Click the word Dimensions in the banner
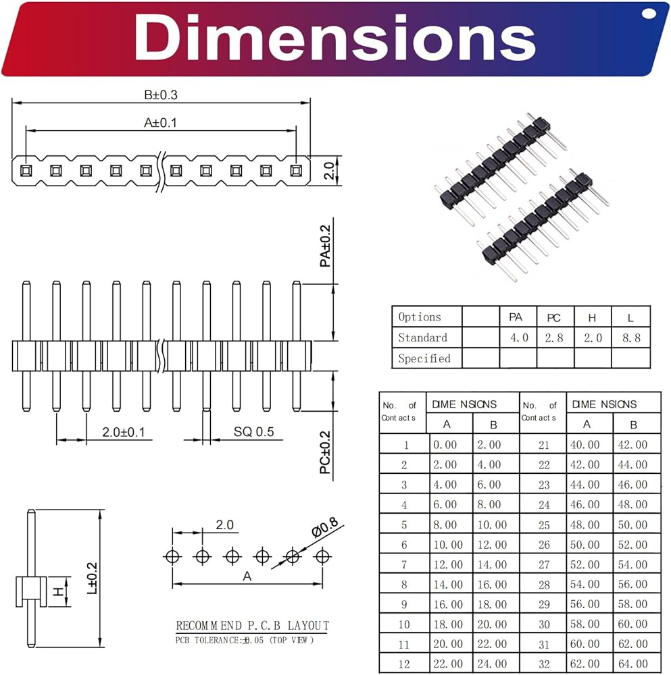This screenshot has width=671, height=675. click(x=335, y=37)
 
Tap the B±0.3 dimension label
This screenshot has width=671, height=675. click(x=160, y=94)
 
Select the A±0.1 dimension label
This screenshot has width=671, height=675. click(x=160, y=123)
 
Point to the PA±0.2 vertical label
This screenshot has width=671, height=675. click(x=326, y=246)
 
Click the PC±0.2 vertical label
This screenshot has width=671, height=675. click(x=326, y=452)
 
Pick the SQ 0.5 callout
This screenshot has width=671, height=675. click(x=254, y=432)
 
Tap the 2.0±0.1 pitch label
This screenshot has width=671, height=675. click(x=123, y=432)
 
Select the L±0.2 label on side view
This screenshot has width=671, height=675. click(x=92, y=578)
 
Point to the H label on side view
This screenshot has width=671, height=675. click(x=59, y=592)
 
